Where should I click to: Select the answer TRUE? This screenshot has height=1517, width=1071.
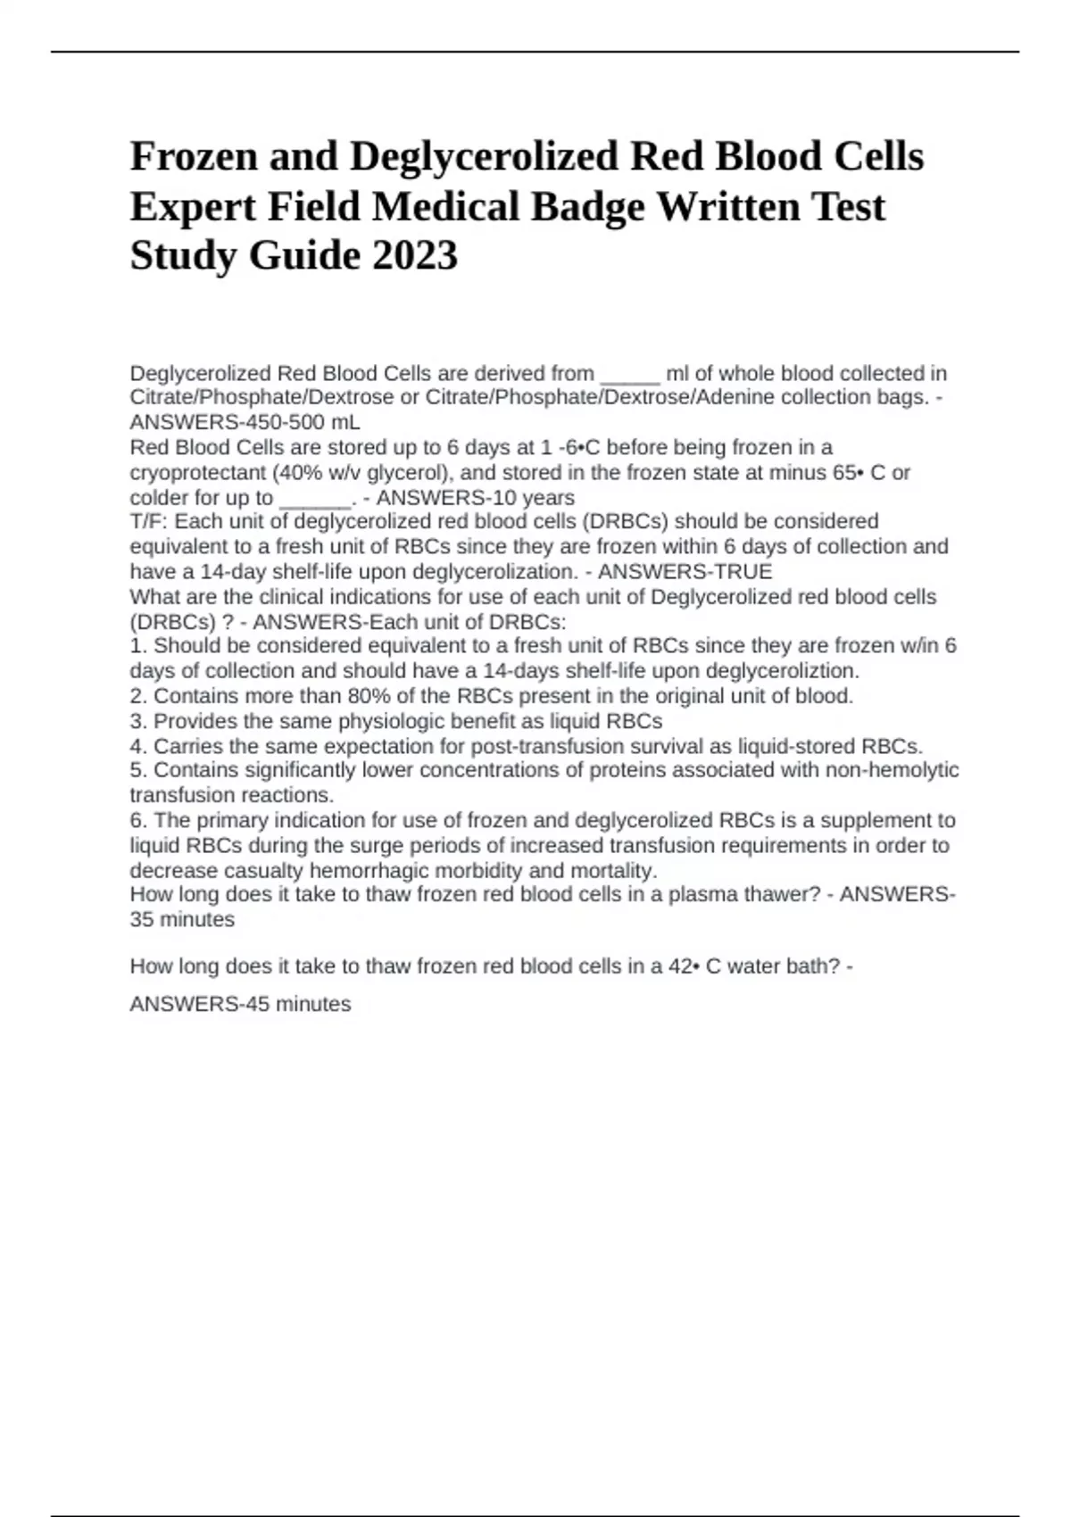(739, 571)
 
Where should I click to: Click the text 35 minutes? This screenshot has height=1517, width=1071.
(182, 920)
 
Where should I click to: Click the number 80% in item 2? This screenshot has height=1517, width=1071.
(371, 696)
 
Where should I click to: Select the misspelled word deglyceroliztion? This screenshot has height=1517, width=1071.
(782, 671)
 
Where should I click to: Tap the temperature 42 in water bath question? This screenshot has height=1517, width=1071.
(679, 966)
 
